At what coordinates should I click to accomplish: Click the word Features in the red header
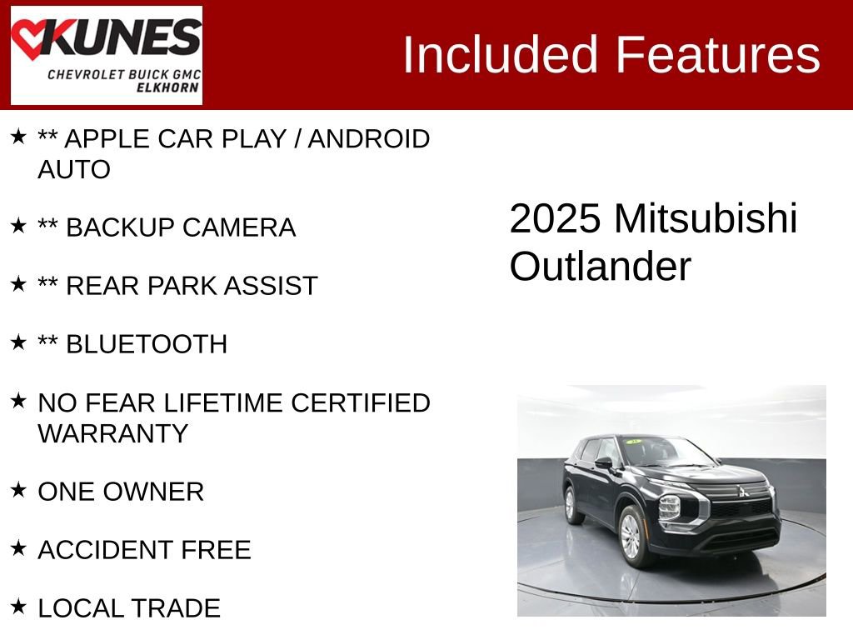click(717, 55)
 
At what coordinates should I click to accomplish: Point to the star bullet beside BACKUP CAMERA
click(18, 226)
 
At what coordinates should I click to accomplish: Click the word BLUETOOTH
click(147, 344)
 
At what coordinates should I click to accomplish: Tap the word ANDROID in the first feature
click(369, 139)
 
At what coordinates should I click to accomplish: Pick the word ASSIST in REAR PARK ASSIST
click(274, 286)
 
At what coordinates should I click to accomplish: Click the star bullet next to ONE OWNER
click(18, 490)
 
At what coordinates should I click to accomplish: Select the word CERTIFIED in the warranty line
click(361, 403)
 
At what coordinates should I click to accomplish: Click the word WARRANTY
click(112, 433)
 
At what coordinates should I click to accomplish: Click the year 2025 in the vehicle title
click(555, 219)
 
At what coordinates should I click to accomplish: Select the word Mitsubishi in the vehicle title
click(706, 219)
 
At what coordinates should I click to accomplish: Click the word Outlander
click(600, 267)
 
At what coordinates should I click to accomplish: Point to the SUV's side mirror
click(602, 462)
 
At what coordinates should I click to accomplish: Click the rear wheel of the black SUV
click(570, 504)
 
